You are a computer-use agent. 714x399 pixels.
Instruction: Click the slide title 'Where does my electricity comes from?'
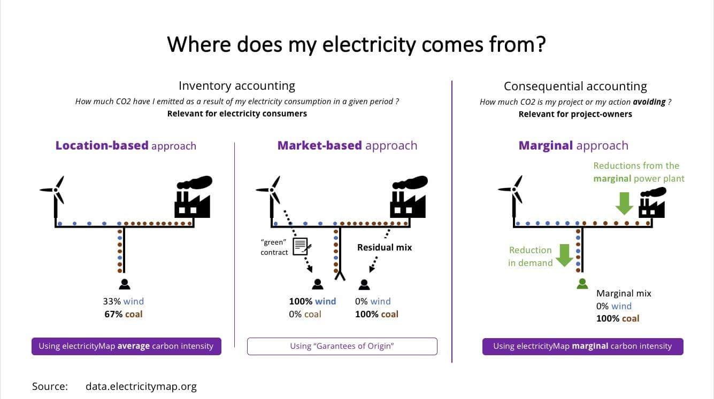click(x=356, y=44)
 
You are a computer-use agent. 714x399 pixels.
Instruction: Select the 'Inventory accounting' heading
click(x=237, y=86)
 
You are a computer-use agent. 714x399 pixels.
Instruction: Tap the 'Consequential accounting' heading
click(x=575, y=87)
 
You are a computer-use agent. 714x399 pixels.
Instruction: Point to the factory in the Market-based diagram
click(x=409, y=197)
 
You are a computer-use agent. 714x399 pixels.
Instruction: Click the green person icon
click(x=582, y=284)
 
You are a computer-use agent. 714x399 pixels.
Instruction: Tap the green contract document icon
click(x=302, y=246)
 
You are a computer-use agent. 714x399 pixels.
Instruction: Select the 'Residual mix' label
click(x=385, y=247)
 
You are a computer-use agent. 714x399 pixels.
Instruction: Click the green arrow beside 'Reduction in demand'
click(x=564, y=255)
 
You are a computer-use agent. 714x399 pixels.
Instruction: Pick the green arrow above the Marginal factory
click(x=624, y=204)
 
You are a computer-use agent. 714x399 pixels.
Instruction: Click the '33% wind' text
click(x=124, y=301)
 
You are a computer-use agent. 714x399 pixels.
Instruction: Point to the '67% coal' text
click(x=124, y=314)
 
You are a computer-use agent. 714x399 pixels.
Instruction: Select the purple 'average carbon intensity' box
click(x=126, y=346)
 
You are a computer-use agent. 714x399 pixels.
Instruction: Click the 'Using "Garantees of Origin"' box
click(x=342, y=346)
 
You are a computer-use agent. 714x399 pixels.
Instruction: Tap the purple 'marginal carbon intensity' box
click(x=582, y=347)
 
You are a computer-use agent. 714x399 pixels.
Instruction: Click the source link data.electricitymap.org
click(x=141, y=387)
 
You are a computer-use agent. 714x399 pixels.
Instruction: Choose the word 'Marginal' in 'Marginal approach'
click(x=546, y=145)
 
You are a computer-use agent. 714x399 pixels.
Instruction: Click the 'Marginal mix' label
click(x=624, y=293)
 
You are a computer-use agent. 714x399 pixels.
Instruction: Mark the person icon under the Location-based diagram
click(x=125, y=284)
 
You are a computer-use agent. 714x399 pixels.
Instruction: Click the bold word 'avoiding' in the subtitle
click(x=649, y=102)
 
